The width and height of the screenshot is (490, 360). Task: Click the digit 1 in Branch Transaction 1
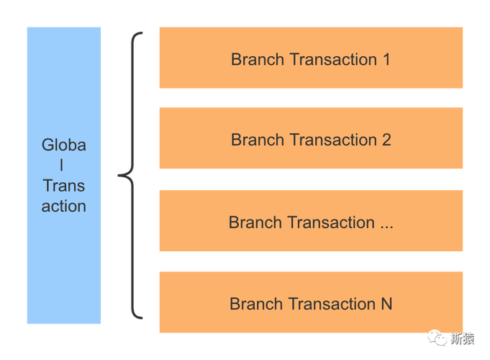point(387,60)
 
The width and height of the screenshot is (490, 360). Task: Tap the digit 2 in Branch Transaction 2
point(386,140)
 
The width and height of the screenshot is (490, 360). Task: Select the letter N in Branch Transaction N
point(386,304)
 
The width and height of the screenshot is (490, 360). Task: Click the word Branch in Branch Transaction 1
point(258,60)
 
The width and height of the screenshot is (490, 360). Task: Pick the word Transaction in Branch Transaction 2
point(333,140)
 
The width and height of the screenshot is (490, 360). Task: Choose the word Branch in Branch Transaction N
point(256,304)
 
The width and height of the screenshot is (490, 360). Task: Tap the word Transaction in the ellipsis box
point(331,222)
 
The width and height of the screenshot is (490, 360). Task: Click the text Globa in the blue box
point(64,145)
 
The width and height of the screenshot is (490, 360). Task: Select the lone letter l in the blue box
point(62,165)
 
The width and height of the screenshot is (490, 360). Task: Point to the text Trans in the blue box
point(64,186)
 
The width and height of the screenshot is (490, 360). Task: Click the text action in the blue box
point(64,207)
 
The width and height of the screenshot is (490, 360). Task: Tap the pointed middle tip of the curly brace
point(119,176)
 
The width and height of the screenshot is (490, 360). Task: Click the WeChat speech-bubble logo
point(437,338)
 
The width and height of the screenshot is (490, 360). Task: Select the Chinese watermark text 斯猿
point(463,338)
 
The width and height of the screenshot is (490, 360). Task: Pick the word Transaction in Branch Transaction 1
point(333,60)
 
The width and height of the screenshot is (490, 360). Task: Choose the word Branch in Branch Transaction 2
point(258,140)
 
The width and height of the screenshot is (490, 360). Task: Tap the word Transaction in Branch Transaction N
point(332,304)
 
